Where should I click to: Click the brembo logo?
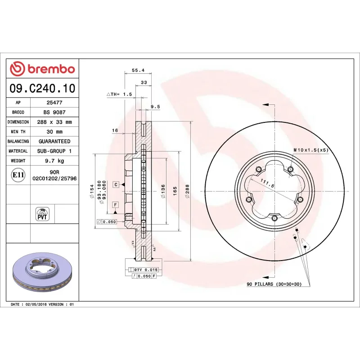[x=42, y=69]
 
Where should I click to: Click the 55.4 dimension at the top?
[x=138, y=70]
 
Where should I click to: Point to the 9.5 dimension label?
[x=155, y=107]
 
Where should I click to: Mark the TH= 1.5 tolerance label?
[x=119, y=94]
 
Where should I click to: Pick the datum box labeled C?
[x=116, y=184]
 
